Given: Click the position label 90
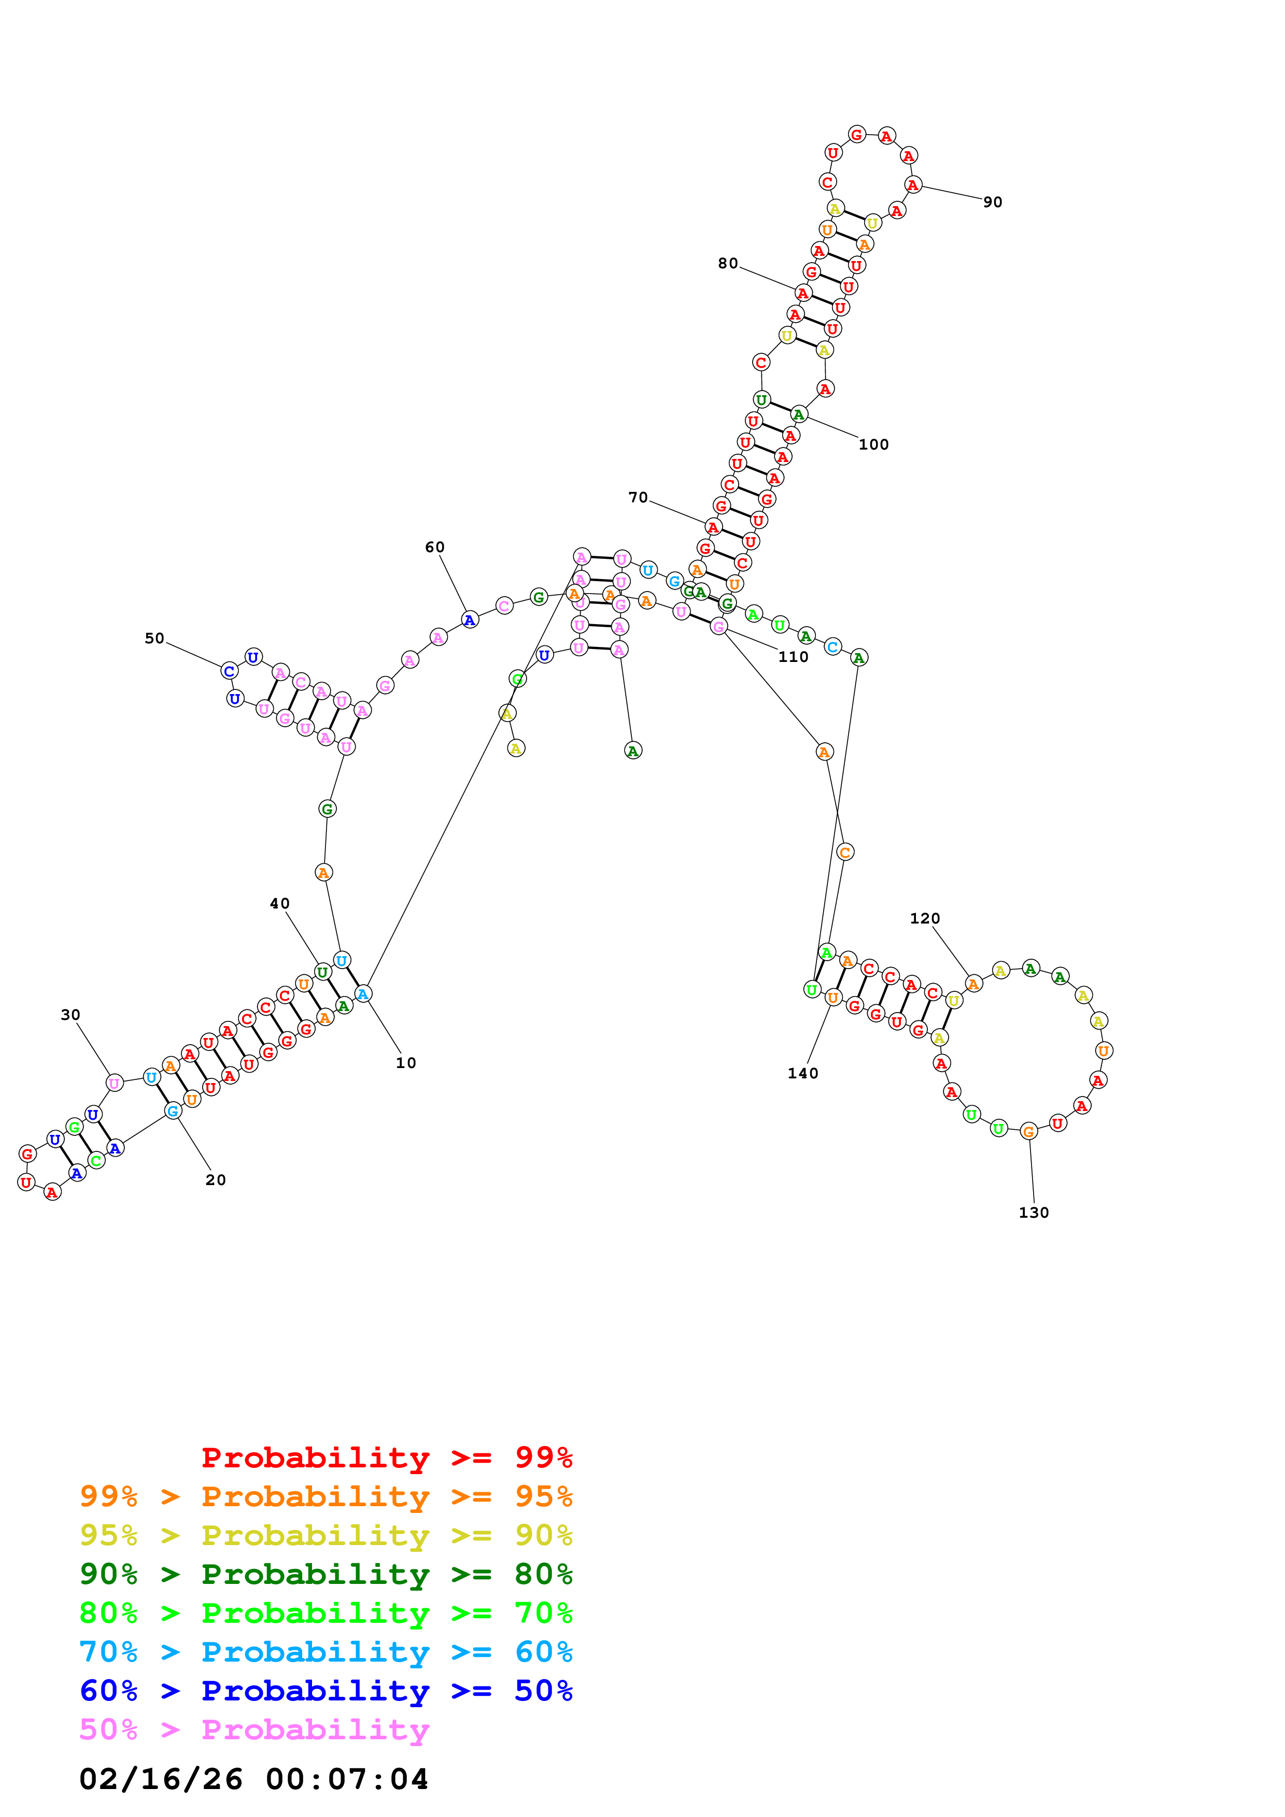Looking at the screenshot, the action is (992, 203).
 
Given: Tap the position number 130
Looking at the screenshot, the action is (1033, 1213).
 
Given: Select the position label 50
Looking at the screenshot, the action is (154, 639).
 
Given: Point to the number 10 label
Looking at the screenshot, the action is (405, 1063).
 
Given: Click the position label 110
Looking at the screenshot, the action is (793, 657).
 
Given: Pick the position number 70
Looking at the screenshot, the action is (638, 498).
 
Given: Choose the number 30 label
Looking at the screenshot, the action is (70, 1015).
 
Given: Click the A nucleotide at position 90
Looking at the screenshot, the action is (913, 185).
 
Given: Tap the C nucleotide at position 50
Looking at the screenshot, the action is (229, 671).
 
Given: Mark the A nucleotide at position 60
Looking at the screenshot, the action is (470, 621).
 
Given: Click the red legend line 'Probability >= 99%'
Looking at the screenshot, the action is (386, 1457).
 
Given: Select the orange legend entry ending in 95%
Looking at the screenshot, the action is (326, 1496).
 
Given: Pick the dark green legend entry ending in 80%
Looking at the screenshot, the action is (326, 1574).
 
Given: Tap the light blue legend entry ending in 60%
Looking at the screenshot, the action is (326, 1652).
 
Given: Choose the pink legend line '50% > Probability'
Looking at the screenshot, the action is (254, 1729).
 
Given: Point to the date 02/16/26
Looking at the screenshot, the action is (161, 1779).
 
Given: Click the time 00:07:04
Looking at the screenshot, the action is (347, 1779).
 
